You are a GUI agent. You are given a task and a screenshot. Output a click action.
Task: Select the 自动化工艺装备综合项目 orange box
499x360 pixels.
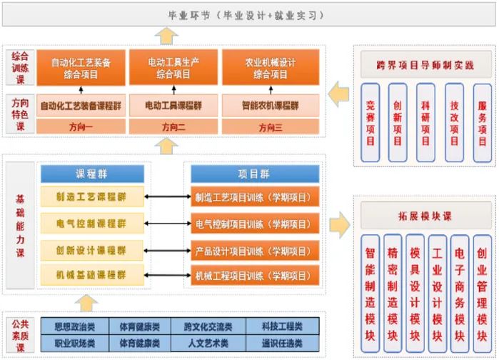81,68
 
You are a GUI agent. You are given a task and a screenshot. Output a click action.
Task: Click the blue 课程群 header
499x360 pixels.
92,174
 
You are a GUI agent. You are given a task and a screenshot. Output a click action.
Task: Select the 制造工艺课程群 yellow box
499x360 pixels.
92,198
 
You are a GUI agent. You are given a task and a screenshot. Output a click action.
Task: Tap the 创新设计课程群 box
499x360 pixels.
92,250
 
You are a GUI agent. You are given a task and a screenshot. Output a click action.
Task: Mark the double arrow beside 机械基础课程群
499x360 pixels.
166,276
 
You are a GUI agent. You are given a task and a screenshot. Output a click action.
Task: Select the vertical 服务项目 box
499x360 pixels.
481,122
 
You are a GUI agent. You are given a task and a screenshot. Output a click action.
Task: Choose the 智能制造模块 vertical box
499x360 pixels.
370,295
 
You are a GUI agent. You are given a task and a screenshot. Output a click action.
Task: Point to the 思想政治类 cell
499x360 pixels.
75,326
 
